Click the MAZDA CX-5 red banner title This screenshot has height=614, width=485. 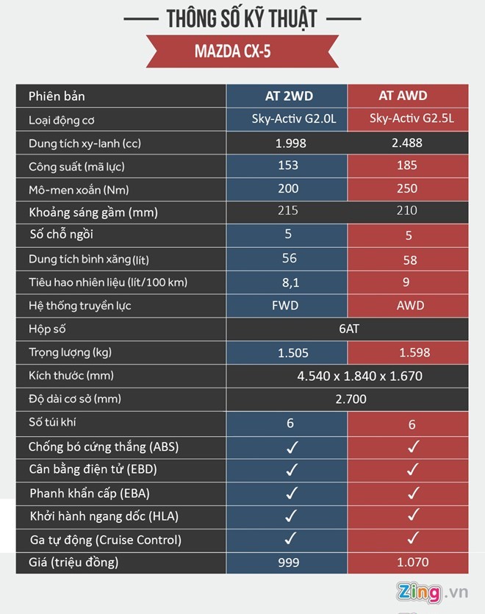click(242, 51)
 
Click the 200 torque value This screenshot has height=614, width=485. click(288, 189)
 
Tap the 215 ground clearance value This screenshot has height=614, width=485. click(288, 211)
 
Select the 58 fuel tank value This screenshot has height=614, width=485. click(409, 260)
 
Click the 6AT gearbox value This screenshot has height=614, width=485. click(348, 329)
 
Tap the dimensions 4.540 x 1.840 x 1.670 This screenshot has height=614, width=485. click(359, 376)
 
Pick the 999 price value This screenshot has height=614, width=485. click(288, 564)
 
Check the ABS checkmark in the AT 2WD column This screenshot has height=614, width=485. click(291, 446)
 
